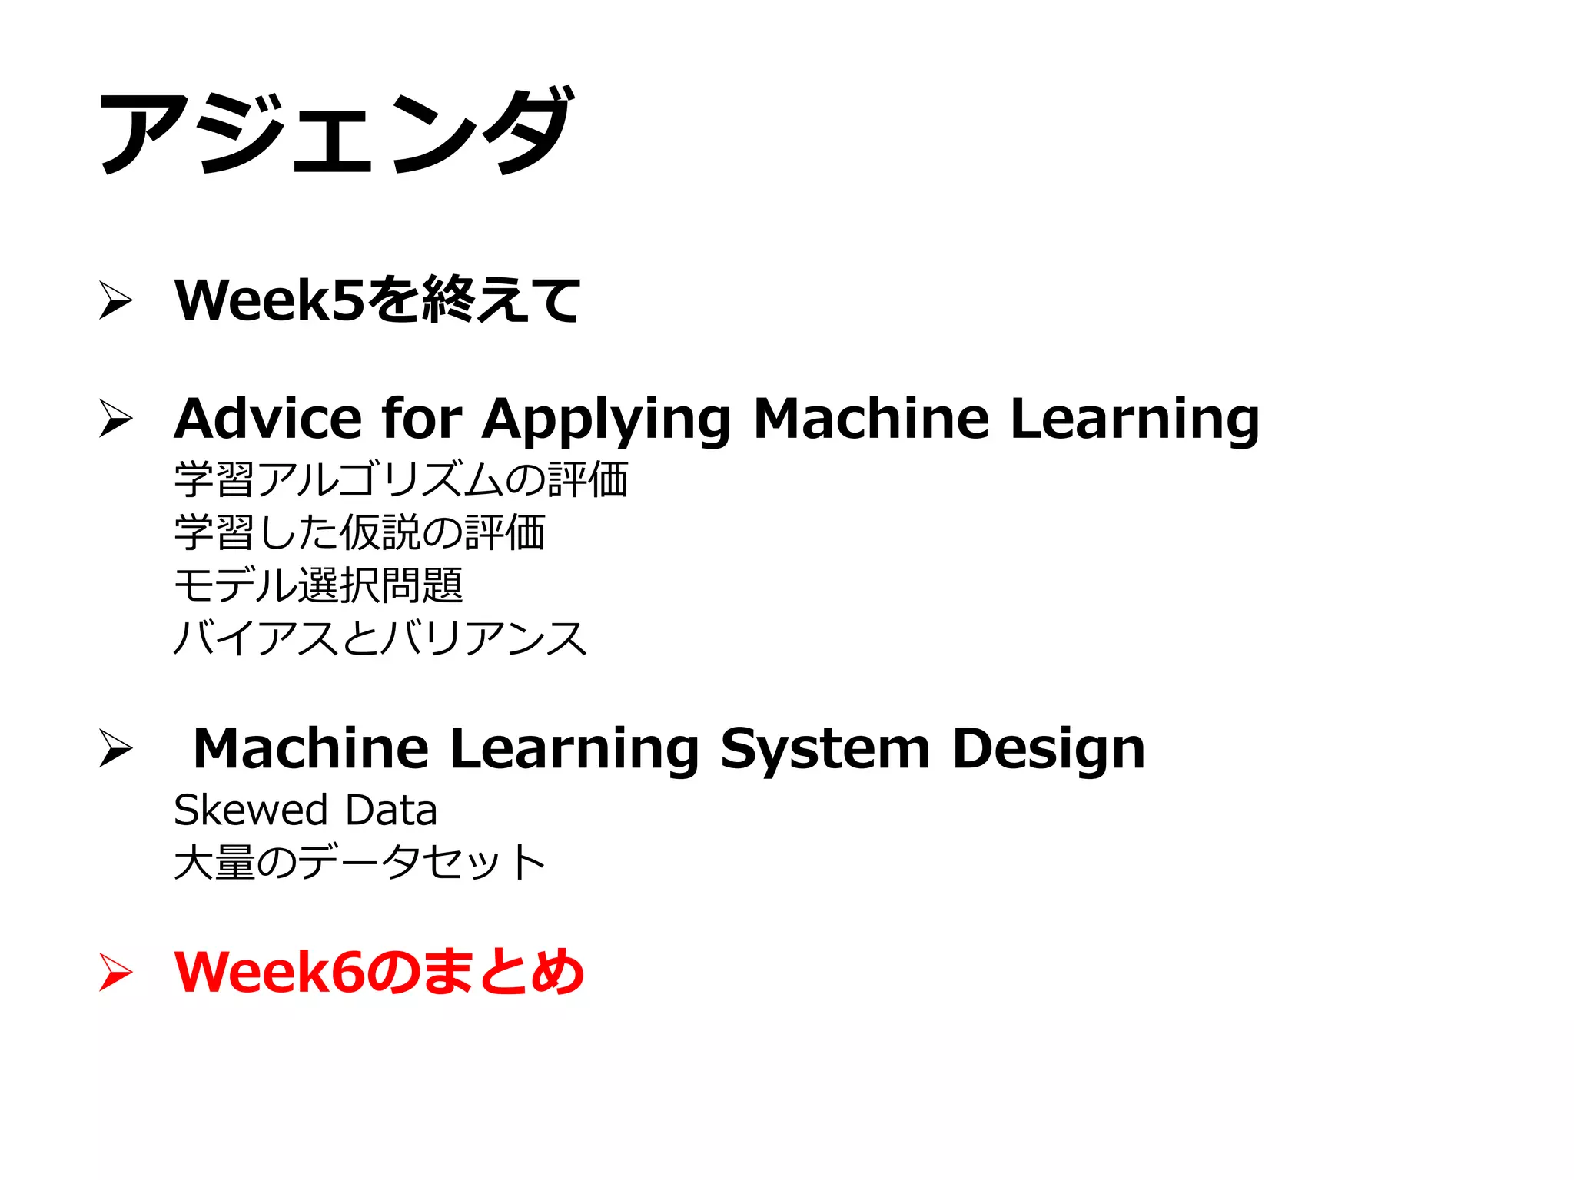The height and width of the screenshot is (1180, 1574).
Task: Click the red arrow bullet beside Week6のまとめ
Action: coord(116,973)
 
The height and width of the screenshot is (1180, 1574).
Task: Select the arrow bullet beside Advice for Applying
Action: coord(116,419)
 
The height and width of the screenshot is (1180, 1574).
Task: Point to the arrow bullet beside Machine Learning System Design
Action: coord(116,748)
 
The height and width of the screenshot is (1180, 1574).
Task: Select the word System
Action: coord(825,750)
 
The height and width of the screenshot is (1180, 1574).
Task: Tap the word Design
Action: coord(1048,750)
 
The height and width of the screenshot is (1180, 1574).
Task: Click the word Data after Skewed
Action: coord(391,810)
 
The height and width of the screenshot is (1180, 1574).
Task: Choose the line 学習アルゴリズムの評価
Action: coord(401,479)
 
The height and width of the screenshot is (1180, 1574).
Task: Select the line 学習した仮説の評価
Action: coord(360,532)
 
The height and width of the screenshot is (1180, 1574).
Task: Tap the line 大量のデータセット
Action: coord(360,862)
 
